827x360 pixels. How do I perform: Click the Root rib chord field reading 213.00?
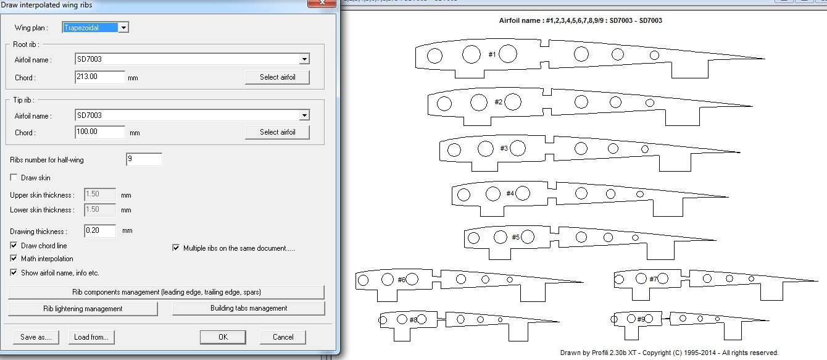click(100, 77)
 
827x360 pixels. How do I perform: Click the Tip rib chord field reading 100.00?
click(100, 132)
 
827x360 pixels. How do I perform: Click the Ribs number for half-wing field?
click(144, 159)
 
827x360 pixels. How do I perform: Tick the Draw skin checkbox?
click(14, 178)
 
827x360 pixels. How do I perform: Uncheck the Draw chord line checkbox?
click(14, 245)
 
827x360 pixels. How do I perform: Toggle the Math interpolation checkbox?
click(14, 259)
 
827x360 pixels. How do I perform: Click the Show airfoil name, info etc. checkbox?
click(14, 272)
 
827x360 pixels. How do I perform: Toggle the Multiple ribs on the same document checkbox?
click(176, 248)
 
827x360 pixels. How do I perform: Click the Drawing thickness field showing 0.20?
click(100, 230)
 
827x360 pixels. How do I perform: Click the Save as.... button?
click(36, 337)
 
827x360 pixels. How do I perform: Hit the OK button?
click(223, 337)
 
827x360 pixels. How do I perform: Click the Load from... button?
click(91, 337)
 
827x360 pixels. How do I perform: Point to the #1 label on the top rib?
click(492, 54)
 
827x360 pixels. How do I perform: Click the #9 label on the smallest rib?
click(641, 319)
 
